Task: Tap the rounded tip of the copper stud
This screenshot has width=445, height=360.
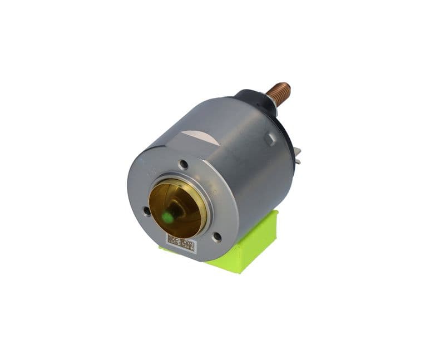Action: coord(286,86)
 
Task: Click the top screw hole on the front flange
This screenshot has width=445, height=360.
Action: coord(183,164)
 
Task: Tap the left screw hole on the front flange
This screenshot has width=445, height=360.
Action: coord(146,211)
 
